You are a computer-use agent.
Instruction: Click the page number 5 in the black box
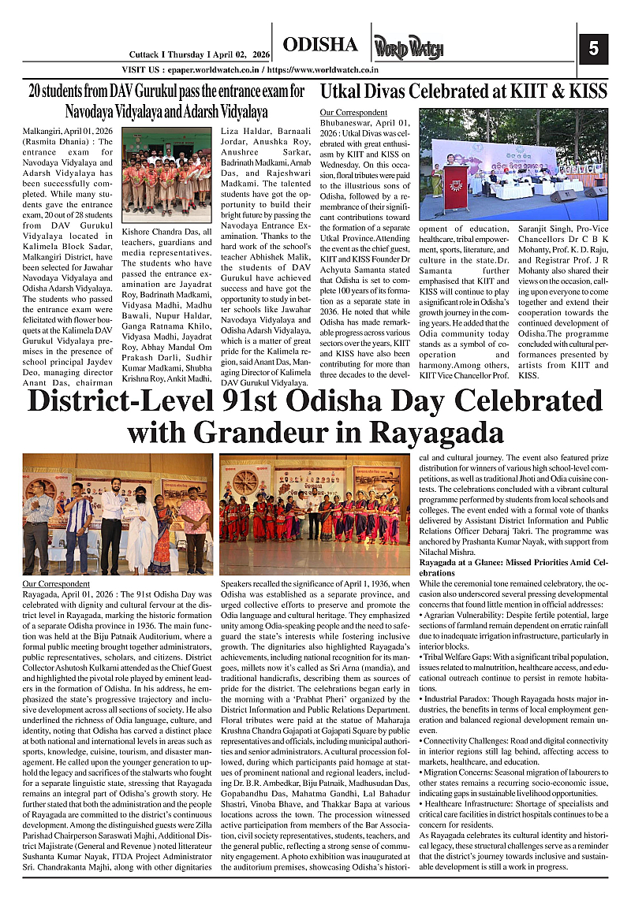point(593,49)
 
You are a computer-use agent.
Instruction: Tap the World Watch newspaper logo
point(403,47)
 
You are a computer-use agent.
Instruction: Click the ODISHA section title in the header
point(320,45)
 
